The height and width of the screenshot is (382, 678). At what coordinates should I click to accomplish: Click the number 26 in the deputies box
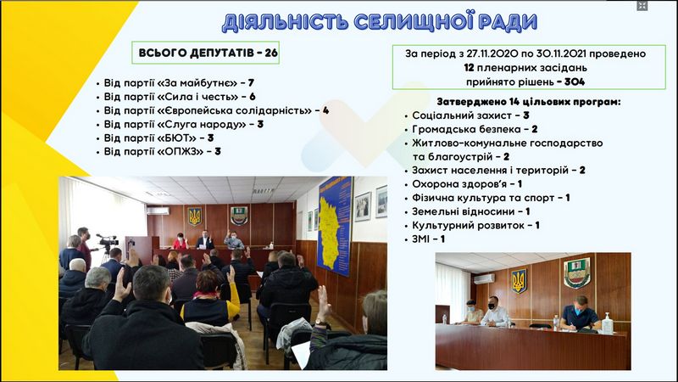coord(271,53)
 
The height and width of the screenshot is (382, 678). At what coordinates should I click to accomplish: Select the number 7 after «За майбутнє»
coord(251,82)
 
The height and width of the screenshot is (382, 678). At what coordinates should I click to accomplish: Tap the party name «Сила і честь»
coord(198,97)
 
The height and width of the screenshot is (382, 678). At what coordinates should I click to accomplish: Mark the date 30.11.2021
coord(561,53)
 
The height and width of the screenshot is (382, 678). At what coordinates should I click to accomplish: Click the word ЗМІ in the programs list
coord(420,239)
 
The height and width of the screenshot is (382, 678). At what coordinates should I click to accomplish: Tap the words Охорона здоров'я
coord(459,184)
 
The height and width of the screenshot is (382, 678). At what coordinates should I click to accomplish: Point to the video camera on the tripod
coord(108,240)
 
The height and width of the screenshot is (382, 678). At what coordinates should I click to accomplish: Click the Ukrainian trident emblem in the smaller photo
coord(519,281)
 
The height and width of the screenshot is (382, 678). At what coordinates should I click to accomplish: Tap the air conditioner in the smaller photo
coord(484,279)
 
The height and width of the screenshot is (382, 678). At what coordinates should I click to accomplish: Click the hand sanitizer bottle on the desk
coord(608,323)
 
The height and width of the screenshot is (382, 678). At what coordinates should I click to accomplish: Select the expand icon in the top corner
coord(642,6)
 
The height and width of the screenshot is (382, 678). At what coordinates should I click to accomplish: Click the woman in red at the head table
coord(181,241)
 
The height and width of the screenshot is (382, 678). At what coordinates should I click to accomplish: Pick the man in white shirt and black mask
coord(495,312)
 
